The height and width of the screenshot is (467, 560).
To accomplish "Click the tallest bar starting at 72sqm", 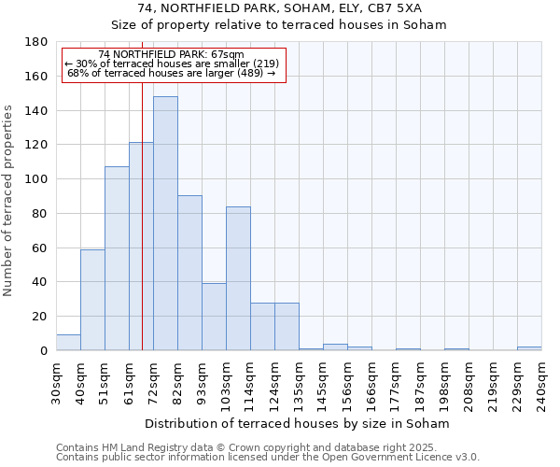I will [165, 223].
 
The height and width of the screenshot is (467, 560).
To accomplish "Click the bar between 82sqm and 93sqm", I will [189, 273].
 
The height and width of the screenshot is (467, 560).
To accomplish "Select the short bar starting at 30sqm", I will [68, 343].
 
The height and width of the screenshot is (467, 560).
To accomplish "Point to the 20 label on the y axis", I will [40, 317].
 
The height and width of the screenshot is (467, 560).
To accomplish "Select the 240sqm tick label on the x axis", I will [541, 382].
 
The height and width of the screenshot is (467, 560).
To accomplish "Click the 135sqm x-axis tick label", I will [299, 382].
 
